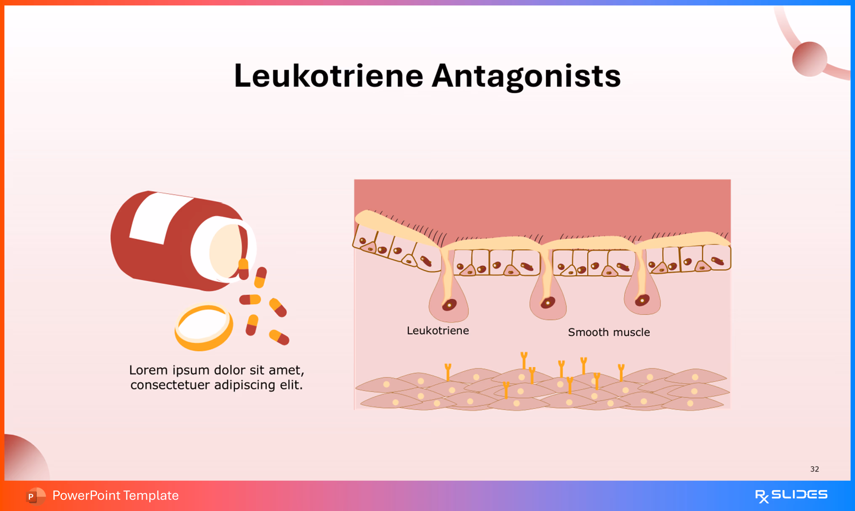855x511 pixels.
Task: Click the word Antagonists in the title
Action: tap(526, 76)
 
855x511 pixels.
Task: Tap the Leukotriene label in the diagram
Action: tap(438, 331)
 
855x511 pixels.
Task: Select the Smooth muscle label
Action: tap(609, 332)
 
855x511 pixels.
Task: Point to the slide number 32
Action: tap(814, 469)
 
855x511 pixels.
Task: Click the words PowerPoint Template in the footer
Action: tap(116, 495)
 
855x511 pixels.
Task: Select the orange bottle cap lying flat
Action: tap(203, 327)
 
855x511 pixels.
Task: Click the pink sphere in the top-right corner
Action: tap(810, 59)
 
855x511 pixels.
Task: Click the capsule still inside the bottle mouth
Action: tap(243, 269)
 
